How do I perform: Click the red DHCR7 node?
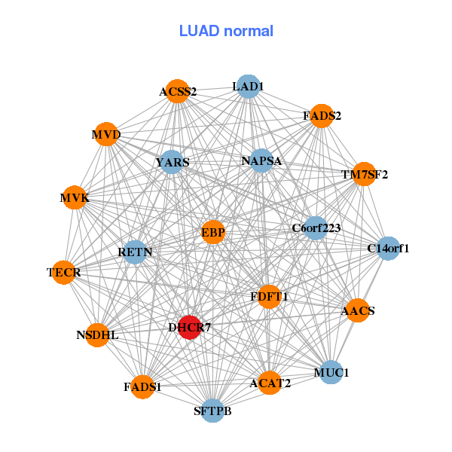click(190, 327)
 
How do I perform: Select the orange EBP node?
click(213, 232)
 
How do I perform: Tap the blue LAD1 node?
click(248, 87)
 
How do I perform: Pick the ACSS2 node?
click(178, 91)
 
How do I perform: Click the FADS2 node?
click(322, 116)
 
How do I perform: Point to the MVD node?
click(106, 134)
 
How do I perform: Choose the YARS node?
click(172, 162)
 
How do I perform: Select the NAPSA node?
click(261, 161)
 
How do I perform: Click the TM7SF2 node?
click(365, 174)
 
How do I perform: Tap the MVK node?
click(75, 197)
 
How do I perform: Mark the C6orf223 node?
click(316, 228)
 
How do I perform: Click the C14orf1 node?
click(388, 249)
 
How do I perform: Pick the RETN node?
click(135, 252)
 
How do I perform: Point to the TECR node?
click(64, 273)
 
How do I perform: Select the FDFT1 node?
click(269, 297)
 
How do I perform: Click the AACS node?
click(358, 310)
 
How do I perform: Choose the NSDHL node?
click(97, 335)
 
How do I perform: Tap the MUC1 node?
click(331, 372)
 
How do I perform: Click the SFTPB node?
click(212, 411)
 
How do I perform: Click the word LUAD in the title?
click(199, 31)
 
